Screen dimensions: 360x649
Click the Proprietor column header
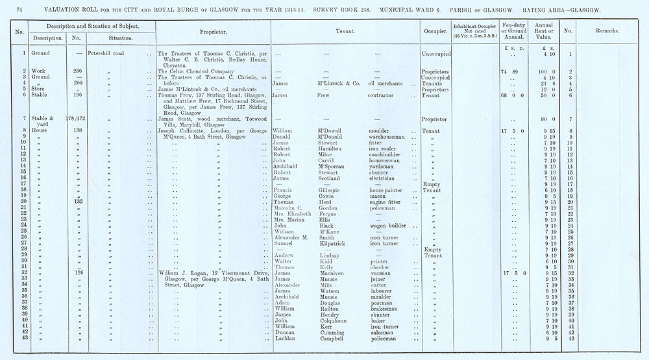coord(212,31)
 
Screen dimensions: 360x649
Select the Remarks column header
coord(606,31)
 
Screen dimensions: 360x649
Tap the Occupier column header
coord(434,31)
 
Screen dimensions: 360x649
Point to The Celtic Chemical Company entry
coord(195,71)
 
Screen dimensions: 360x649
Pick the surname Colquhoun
coord(334,320)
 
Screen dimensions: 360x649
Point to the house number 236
coord(78,71)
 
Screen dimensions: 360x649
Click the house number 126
coord(78,273)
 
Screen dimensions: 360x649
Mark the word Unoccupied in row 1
coord(435,53)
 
